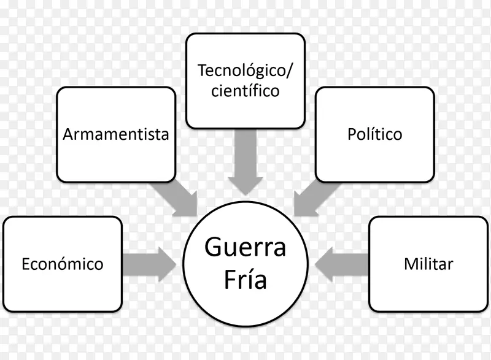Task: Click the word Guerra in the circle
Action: point(245,249)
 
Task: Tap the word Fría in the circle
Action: point(245,280)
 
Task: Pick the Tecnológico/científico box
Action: point(245,81)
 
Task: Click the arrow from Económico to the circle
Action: point(148,265)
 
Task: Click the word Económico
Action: point(62,264)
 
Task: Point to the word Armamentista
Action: point(116,134)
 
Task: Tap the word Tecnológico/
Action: point(245,70)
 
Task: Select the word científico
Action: point(245,91)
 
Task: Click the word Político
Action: point(374,134)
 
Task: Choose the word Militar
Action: point(428,264)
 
